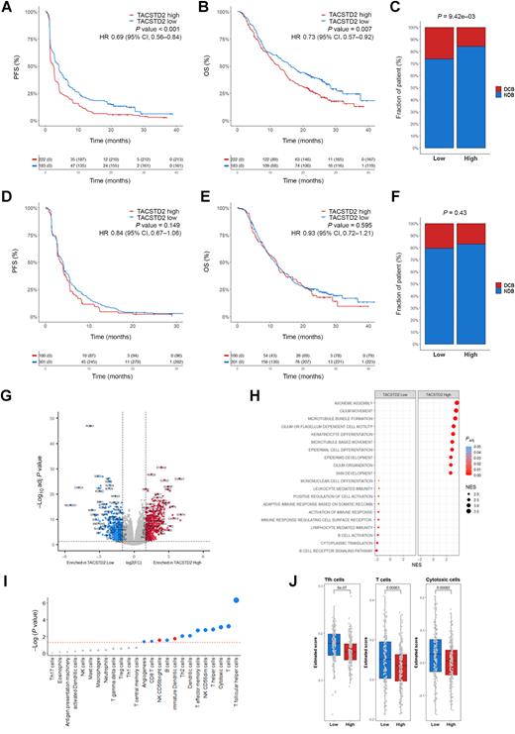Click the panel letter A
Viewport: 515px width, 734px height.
[6, 7]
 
